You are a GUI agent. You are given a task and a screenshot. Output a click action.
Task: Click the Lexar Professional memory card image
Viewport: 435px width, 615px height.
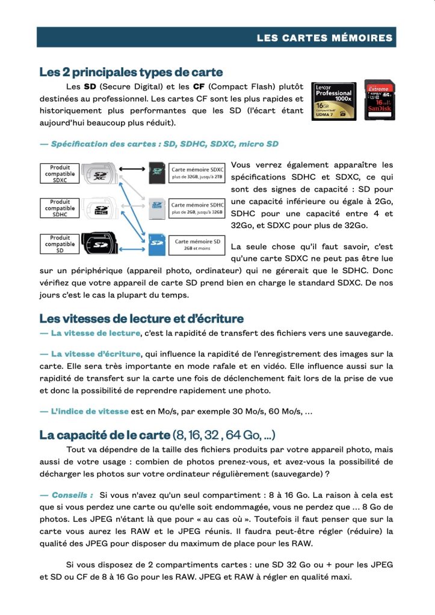[x=333, y=101]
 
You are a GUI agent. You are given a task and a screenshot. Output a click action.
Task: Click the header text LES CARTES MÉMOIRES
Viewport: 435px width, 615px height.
[x=324, y=38]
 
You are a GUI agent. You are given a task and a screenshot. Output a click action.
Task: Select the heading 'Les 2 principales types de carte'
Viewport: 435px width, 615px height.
[x=131, y=73]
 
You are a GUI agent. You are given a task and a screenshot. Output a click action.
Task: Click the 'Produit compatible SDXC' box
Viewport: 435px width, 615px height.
[x=60, y=174]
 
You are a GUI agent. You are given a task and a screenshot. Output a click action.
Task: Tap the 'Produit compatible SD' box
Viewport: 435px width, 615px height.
[x=60, y=244]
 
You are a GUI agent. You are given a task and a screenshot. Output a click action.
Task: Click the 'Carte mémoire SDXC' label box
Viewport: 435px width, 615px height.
[x=197, y=173]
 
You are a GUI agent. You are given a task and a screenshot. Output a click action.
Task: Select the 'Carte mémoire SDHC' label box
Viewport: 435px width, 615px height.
[x=197, y=208]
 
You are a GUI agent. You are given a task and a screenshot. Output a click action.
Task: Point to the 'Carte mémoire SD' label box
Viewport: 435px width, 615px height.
[x=197, y=244]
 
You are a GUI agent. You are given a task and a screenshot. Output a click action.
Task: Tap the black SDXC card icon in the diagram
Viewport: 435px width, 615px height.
[x=157, y=172]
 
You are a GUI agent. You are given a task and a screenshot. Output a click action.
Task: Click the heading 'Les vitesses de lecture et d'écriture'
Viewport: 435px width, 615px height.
[x=141, y=318]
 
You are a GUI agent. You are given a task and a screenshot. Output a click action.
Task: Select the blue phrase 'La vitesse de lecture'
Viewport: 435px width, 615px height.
[x=95, y=333]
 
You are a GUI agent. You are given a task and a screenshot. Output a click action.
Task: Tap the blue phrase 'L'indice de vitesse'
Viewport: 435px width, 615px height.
[x=89, y=411]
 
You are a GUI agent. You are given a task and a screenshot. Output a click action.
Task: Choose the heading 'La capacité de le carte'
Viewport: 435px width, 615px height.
[x=105, y=434]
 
